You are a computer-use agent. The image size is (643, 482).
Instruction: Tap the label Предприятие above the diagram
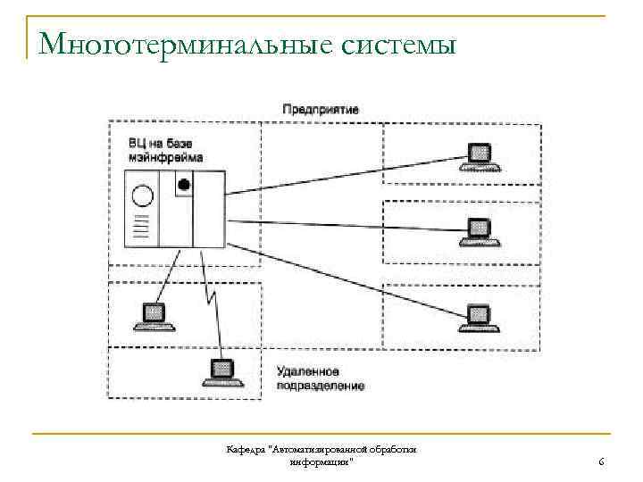(321, 109)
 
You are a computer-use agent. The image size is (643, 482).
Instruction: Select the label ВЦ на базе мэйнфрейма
(165, 150)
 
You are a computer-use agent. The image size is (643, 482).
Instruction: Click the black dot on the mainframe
(184, 185)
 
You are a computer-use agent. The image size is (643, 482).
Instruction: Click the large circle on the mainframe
(140, 195)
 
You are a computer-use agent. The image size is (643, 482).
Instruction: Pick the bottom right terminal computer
(479, 318)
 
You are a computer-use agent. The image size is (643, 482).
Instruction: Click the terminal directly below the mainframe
(152, 315)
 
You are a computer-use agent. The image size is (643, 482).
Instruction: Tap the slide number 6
(601, 461)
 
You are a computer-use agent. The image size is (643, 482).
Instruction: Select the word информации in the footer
(319, 461)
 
